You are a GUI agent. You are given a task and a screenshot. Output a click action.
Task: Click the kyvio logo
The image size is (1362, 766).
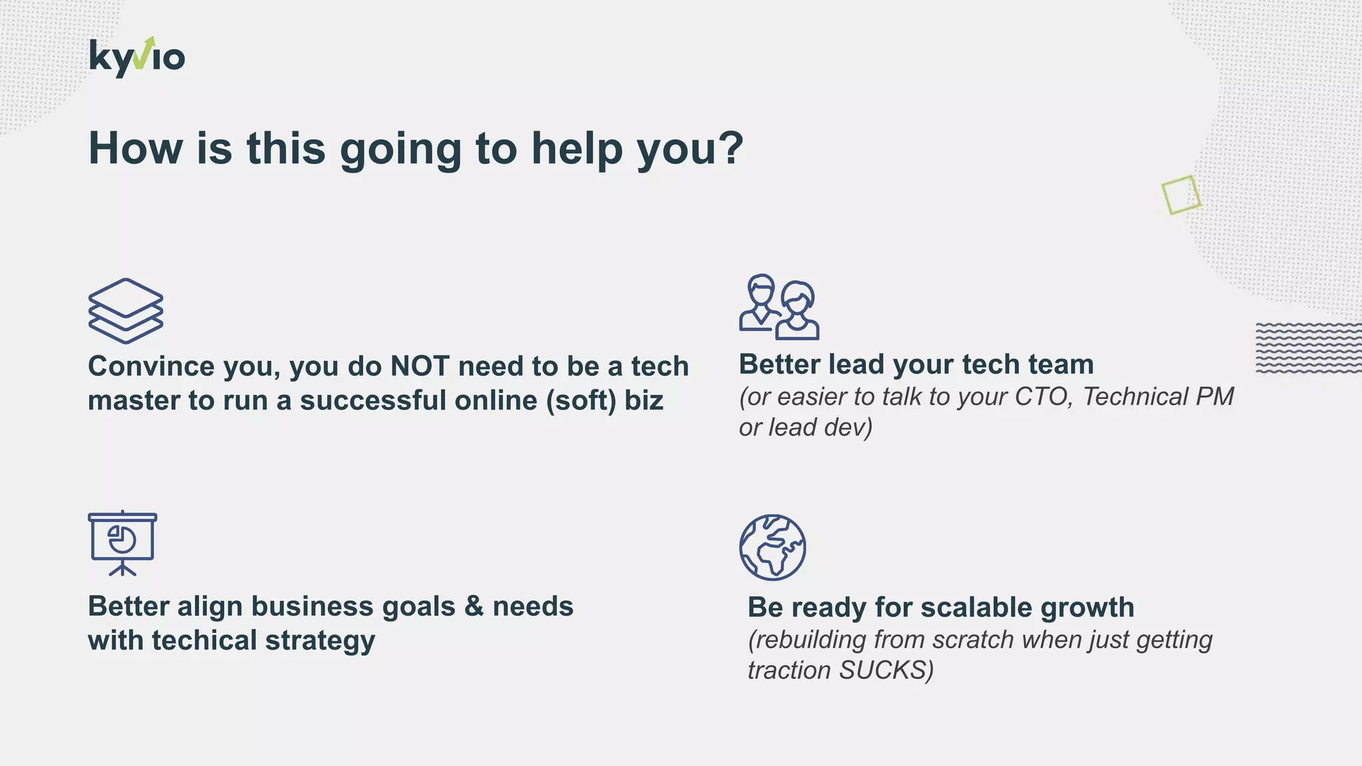pos(137,57)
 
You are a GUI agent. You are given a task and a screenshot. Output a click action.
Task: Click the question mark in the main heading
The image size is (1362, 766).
pos(730,148)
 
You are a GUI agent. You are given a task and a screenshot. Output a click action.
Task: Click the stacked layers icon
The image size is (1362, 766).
pos(126,311)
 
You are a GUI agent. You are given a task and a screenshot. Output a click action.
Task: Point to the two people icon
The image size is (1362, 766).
pos(779,307)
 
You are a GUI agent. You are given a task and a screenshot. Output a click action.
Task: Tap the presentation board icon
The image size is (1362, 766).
pos(122,543)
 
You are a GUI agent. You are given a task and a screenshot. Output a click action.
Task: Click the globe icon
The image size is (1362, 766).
pos(772,547)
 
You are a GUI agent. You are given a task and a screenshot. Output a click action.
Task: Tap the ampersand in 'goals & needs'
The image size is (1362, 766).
pos(474,606)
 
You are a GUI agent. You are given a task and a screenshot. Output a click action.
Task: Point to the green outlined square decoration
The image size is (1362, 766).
pos(1181,195)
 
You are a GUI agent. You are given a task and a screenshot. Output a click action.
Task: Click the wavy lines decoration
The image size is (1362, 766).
pos(1307,348)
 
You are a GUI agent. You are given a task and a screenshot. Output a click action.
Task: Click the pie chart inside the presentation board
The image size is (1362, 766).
pos(122,539)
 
